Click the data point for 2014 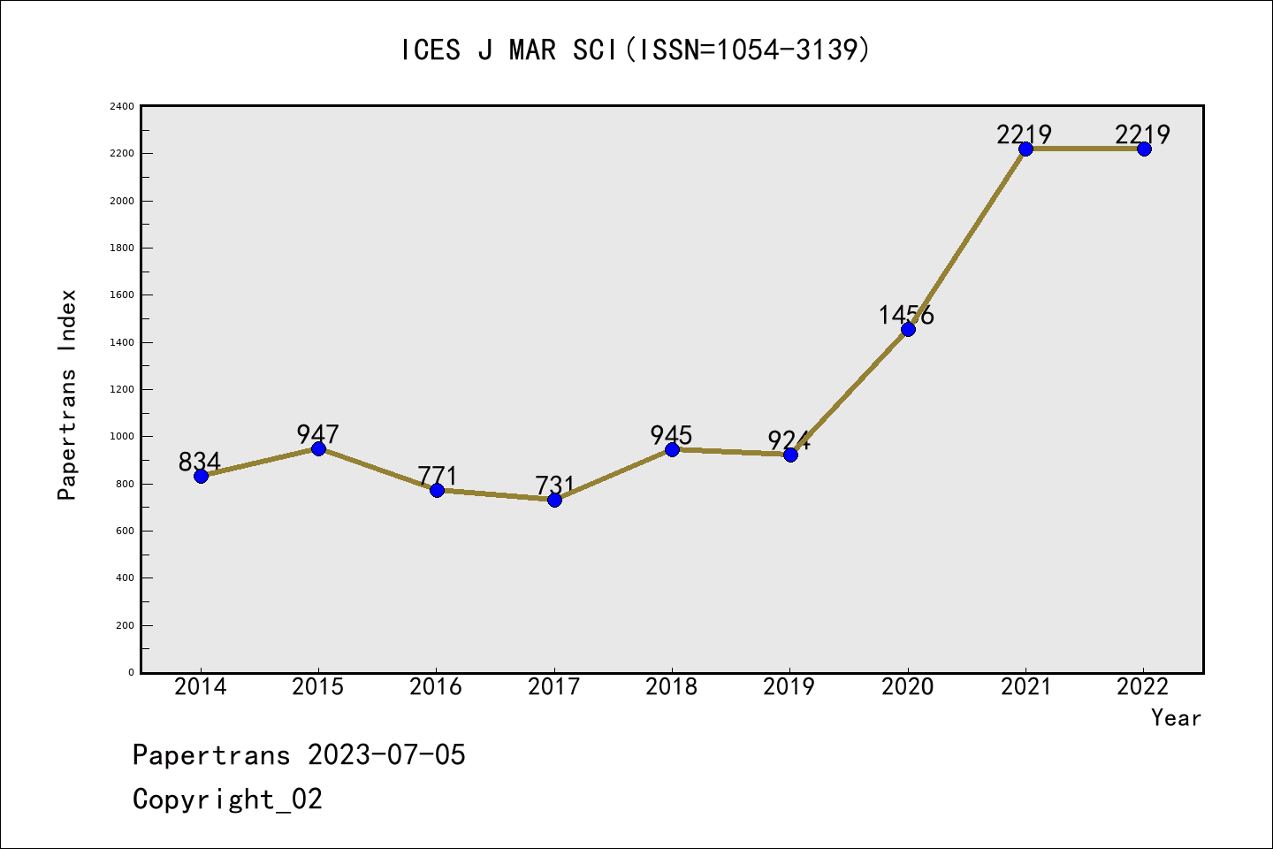click(x=201, y=476)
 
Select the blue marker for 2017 click(x=554, y=500)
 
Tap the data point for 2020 click(x=908, y=329)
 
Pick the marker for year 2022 click(x=1144, y=149)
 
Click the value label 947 click(x=317, y=433)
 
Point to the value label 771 click(x=437, y=475)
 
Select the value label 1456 click(x=905, y=315)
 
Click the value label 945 click(x=671, y=434)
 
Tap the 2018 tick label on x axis click(x=671, y=687)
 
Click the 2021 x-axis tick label click(x=1025, y=687)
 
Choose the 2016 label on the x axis click(x=436, y=687)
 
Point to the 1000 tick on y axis click(x=122, y=437)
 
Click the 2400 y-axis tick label click(x=122, y=107)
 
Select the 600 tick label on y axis click(x=125, y=531)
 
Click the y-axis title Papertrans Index click(x=67, y=394)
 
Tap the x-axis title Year click(x=1176, y=718)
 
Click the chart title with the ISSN click(x=636, y=50)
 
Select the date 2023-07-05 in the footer click(x=386, y=755)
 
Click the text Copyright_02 click(x=227, y=799)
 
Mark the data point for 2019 click(x=790, y=455)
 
